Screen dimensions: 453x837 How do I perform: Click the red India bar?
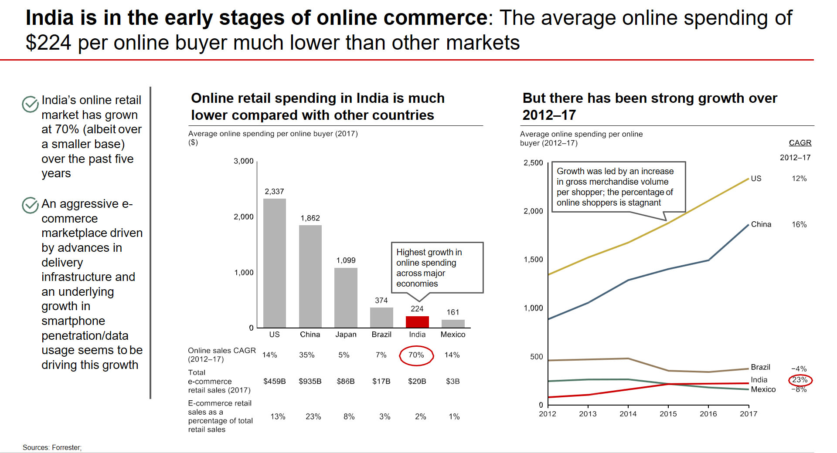tap(417, 322)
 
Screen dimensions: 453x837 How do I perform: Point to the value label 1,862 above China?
tap(310, 218)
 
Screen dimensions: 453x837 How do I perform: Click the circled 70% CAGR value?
tap(416, 355)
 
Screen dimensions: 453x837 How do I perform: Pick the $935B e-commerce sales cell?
tap(310, 381)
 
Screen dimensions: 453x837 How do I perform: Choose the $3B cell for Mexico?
tap(453, 381)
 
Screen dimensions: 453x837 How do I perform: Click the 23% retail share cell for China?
tap(313, 416)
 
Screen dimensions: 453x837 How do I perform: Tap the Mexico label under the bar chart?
tap(453, 335)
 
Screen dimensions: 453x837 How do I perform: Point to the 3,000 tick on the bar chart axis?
tap(243, 161)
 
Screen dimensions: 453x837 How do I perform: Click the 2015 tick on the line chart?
tap(668, 414)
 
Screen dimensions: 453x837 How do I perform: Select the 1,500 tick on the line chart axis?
tap(533, 260)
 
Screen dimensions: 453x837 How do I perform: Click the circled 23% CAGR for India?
tap(800, 380)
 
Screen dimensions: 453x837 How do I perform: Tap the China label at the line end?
tap(761, 224)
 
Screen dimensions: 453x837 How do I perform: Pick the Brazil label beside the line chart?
tap(760, 367)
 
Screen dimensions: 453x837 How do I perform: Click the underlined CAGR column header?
tap(800, 143)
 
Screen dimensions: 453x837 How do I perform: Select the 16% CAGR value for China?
tap(799, 224)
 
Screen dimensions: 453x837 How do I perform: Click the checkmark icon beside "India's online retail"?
tap(30, 104)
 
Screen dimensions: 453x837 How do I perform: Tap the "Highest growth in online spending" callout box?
tap(437, 267)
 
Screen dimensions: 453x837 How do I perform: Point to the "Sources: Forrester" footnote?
tap(52, 447)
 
